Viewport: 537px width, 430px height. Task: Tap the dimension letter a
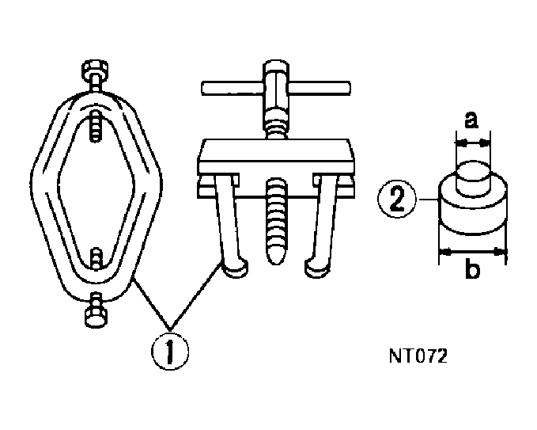click(471, 120)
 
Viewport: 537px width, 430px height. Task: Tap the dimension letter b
click(471, 271)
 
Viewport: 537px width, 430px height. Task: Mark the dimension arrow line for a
click(472, 143)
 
